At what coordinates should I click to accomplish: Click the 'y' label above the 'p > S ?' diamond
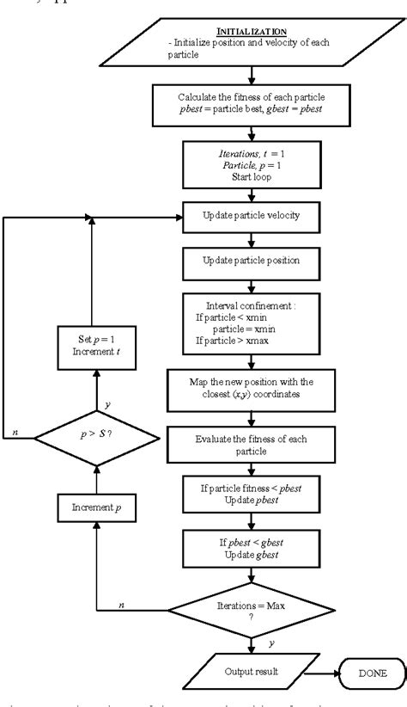107,403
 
